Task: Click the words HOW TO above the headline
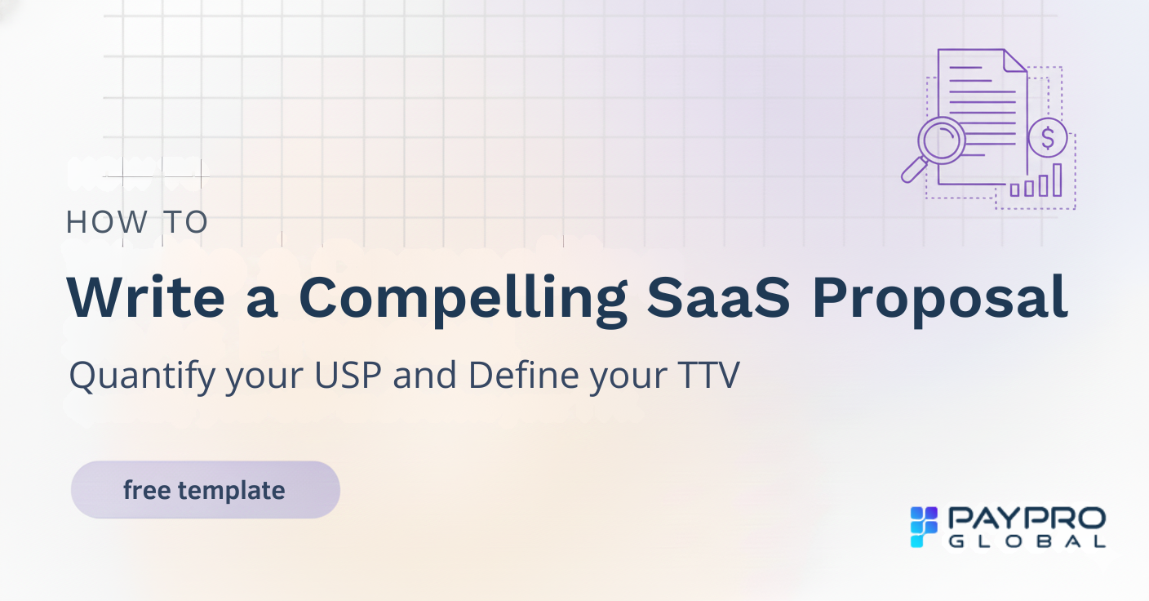[137, 222]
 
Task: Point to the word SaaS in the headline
[719, 298]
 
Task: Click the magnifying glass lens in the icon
[941, 140]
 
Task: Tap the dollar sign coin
[1048, 137]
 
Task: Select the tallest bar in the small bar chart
[1057, 180]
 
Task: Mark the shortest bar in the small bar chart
[1015, 189]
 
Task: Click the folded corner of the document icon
[1014, 60]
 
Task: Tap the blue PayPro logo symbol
[925, 527]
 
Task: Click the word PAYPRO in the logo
[1027, 519]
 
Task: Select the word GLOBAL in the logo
[1027, 541]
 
